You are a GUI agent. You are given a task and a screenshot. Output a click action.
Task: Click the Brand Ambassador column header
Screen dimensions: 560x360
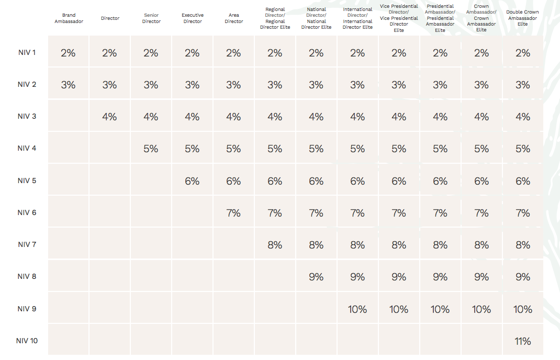(69, 18)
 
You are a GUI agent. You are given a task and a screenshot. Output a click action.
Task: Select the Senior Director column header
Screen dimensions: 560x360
(151, 18)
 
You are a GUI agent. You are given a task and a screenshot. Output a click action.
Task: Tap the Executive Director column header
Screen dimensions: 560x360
(193, 18)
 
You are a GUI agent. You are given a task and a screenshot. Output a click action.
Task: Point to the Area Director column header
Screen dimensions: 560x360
(233, 18)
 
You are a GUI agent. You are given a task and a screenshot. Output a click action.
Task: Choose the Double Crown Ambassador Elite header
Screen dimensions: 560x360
(522, 18)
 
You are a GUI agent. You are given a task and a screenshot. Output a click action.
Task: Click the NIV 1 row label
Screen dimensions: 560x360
(27, 52)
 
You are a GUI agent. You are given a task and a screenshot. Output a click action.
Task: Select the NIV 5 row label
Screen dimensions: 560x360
(27, 181)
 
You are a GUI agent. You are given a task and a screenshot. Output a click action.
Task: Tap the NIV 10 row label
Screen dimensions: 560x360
(27, 341)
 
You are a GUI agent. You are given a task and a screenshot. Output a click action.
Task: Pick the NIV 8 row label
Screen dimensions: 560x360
(27, 276)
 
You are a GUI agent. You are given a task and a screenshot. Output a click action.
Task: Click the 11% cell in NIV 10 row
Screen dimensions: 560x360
(522, 342)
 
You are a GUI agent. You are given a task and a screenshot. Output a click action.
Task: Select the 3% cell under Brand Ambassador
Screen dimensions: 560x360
(68, 85)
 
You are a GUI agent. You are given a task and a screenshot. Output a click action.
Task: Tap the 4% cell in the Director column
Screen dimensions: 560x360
(109, 117)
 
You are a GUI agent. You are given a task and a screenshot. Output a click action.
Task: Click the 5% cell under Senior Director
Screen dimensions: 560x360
(151, 149)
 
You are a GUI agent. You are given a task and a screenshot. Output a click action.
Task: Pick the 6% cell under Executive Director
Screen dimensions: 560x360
(192, 182)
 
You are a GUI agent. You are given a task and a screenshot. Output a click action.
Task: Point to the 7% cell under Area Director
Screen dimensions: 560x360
(233, 213)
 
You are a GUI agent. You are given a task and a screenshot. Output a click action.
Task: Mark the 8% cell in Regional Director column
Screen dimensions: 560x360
(275, 245)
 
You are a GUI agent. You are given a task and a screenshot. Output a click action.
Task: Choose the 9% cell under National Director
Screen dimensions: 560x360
(316, 277)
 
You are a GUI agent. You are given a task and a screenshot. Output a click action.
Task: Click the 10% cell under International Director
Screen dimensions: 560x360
(357, 309)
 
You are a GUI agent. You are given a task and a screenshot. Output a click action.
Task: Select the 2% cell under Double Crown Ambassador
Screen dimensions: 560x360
(522, 53)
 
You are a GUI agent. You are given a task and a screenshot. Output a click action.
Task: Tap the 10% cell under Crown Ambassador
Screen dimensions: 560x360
(481, 309)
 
